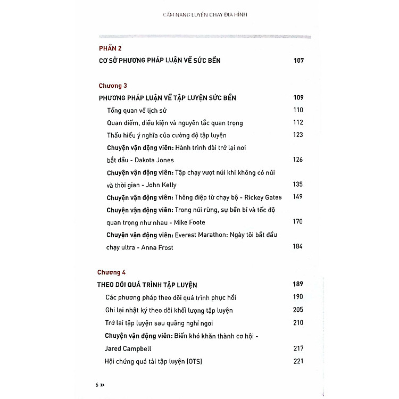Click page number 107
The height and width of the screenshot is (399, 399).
click(x=298, y=61)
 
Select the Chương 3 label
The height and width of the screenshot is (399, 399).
click(x=113, y=85)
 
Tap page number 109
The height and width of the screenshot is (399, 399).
click(x=298, y=98)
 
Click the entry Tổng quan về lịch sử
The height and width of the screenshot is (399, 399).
click(x=137, y=110)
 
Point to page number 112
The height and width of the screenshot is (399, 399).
click(x=298, y=122)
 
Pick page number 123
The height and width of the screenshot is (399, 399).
click(x=298, y=135)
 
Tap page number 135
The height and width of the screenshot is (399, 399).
click(x=298, y=184)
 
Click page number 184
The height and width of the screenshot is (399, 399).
click(x=298, y=246)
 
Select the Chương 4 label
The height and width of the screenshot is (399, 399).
click(x=112, y=272)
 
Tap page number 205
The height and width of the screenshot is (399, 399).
click(x=298, y=310)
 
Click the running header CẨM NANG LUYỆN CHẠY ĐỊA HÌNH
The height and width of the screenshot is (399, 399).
click(x=205, y=14)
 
